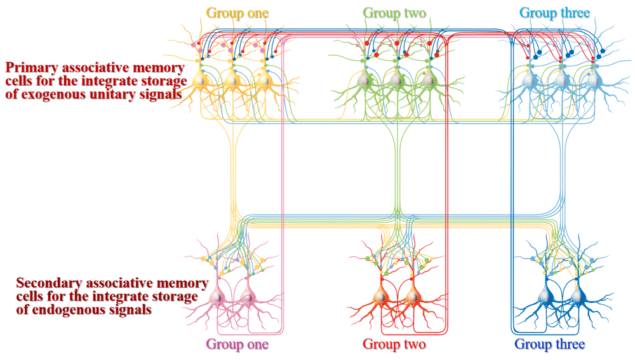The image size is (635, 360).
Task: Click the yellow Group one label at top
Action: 237,13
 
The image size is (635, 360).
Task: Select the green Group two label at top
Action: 394,13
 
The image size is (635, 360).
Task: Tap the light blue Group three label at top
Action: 554,13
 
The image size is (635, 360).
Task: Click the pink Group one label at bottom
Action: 237,345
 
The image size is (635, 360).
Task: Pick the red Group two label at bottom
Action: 394,345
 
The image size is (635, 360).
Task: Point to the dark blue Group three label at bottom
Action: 549,345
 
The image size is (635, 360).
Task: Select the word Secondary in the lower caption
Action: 46,283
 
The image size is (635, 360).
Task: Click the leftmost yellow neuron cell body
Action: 201,81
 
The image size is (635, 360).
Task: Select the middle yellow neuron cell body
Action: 232,81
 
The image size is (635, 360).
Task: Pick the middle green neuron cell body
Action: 396,81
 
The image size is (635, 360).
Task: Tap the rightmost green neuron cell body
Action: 429,81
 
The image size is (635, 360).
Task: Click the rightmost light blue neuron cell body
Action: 594,81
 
